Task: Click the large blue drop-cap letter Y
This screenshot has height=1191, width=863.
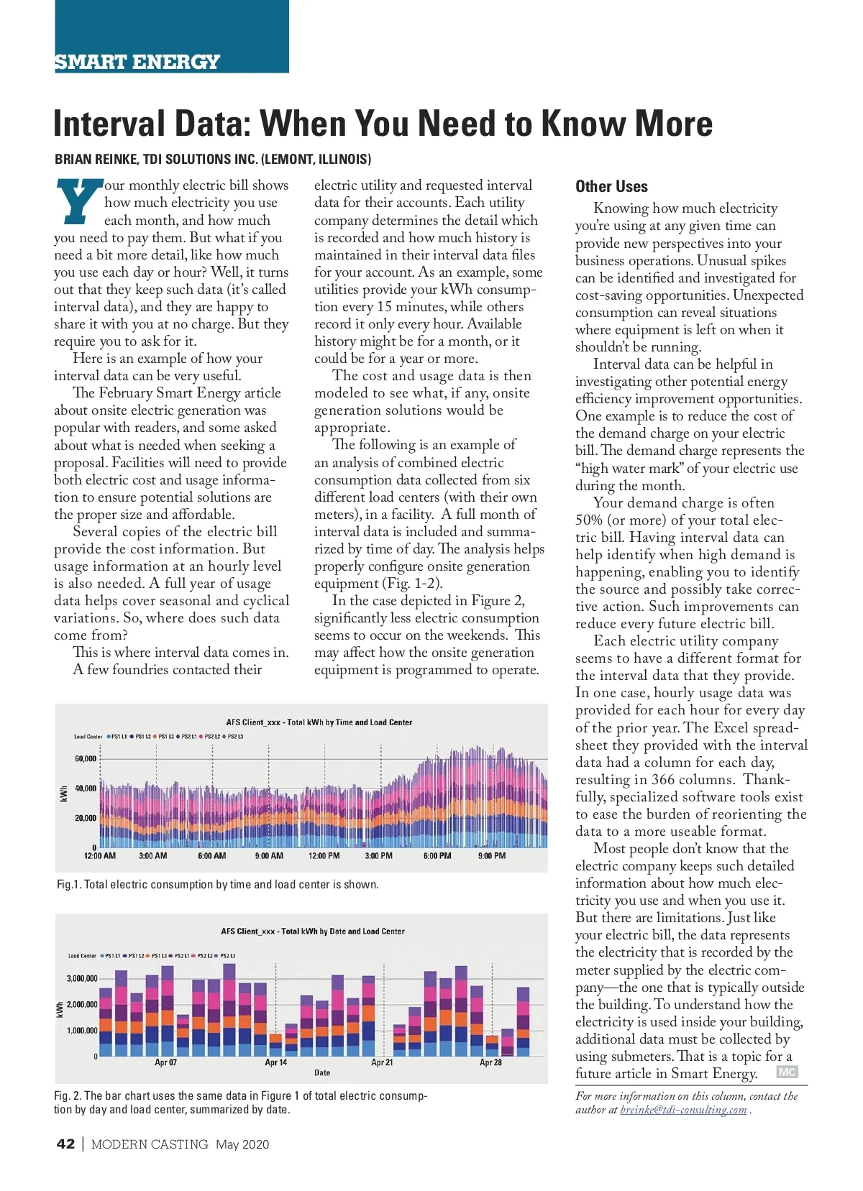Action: pyautogui.click(x=78, y=201)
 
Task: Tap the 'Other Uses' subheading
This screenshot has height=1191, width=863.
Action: pyautogui.click(x=611, y=187)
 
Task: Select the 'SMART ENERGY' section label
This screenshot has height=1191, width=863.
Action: pyautogui.click(x=137, y=62)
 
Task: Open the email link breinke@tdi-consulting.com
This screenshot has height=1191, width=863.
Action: pyautogui.click(x=683, y=1110)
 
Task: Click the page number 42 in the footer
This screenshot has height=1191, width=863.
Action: pyautogui.click(x=65, y=1144)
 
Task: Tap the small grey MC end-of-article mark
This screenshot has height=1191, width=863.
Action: pyautogui.click(x=787, y=1072)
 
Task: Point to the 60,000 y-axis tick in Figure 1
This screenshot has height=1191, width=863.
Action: pyautogui.click(x=86, y=759)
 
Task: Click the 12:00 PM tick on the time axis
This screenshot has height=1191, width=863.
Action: pyautogui.click(x=324, y=856)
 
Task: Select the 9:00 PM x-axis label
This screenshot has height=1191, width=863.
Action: pyautogui.click(x=492, y=856)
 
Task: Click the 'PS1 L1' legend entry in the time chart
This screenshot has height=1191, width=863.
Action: pyautogui.click(x=118, y=737)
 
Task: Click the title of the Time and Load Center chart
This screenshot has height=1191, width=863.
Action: pyautogui.click(x=319, y=722)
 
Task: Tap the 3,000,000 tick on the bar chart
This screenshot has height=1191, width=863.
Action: pyautogui.click(x=82, y=979)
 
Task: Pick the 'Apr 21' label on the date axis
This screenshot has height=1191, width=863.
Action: pyautogui.click(x=382, y=1062)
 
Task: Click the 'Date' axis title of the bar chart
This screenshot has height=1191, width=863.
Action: pyautogui.click(x=322, y=1073)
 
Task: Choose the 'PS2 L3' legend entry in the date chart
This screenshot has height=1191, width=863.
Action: pyautogui.click(x=227, y=956)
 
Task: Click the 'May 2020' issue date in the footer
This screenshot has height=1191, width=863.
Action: pyautogui.click(x=242, y=1144)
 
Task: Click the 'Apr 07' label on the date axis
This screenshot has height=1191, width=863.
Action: pyautogui.click(x=165, y=1062)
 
